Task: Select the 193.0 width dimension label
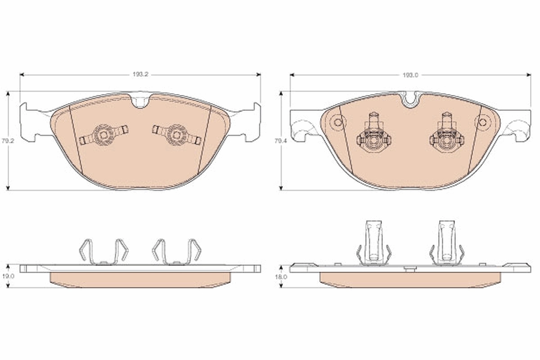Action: click(x=410, y=75)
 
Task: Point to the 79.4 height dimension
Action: click(x=280, y=141)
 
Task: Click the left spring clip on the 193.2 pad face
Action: click(x=103, y=135)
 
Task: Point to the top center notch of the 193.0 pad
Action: click(x=410, y=99)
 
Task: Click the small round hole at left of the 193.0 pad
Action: click(x=338, y=122)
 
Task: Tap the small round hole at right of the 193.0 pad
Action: click(x=482, y=122)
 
